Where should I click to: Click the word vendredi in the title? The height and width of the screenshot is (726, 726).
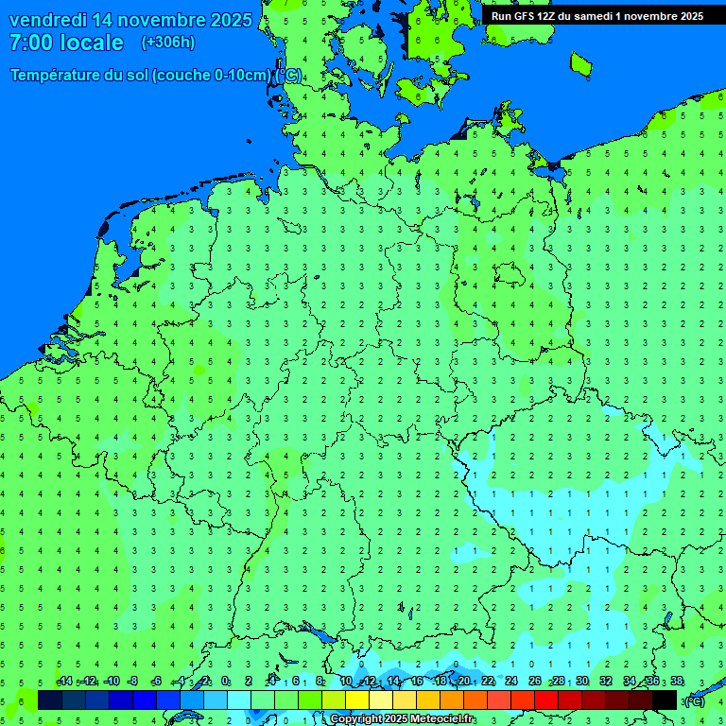click(x=51, y=20)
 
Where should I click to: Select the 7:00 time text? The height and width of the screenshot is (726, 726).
click(x=30, y=43)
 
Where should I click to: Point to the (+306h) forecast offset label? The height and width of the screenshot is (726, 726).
click(x=168, y=43)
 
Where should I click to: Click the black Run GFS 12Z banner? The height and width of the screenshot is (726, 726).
click(x=596, y=16)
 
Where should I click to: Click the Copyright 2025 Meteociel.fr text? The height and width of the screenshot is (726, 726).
click(x=403, y=719)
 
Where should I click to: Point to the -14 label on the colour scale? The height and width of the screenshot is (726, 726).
click(x=64, y=682)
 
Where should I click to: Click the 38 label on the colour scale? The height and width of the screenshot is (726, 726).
click(x=677, y=682)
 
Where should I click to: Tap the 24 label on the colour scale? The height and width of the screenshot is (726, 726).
click(x=511, y=682)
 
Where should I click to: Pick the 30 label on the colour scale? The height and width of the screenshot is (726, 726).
click(x=582, y=682)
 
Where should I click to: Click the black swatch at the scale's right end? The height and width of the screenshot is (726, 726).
click(x=665, y=700)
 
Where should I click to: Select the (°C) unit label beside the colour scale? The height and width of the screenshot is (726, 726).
click(x=695, y=700)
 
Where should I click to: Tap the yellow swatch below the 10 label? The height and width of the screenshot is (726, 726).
click(x=357, y=700)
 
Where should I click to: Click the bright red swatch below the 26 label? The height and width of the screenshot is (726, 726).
click(x=546, y=700)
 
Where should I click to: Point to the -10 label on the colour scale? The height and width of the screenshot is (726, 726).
click(x=112, y=682)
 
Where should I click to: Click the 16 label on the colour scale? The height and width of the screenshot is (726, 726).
click(x=417, y=682)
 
